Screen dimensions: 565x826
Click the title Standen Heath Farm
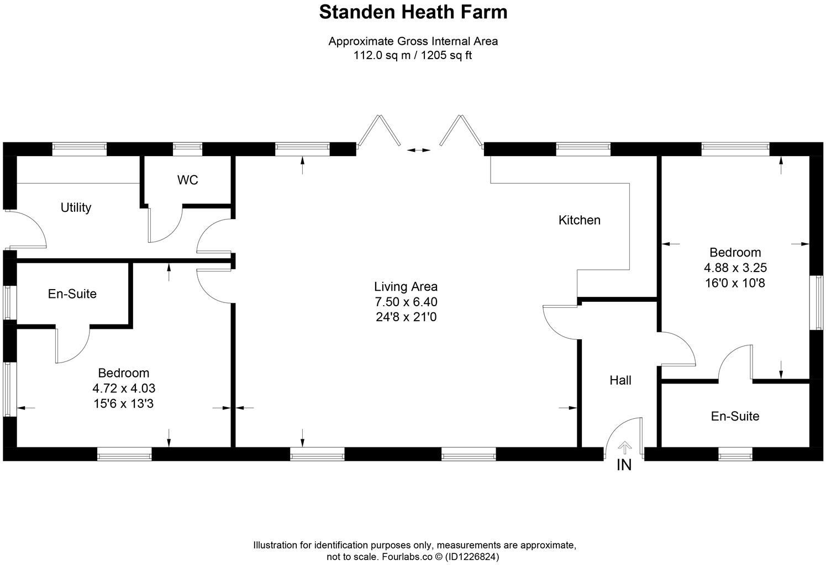tap(413, 12)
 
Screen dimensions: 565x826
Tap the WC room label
tap(187, 180)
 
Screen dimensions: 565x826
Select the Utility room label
tap(76, 207)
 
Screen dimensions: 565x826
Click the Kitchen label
tap(579, 220)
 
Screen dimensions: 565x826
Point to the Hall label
tap(620, 380)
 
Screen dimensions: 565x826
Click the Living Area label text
tap(406, 287)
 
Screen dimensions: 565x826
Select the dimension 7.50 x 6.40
tap(406, 302)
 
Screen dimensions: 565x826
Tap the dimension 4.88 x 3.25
tap(735, 268)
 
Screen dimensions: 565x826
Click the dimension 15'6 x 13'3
tap(123, 404)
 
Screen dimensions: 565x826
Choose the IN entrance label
tap(624, 465)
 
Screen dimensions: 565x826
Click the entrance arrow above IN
tap(624, 446)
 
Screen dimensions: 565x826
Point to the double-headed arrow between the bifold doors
tap(418, 150)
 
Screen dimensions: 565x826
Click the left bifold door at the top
tap(379, 131)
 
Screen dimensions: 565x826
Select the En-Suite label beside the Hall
tap(735, 416)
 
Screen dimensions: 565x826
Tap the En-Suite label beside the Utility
tap(72, 294)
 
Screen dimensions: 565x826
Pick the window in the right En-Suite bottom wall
tap(735, 454)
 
